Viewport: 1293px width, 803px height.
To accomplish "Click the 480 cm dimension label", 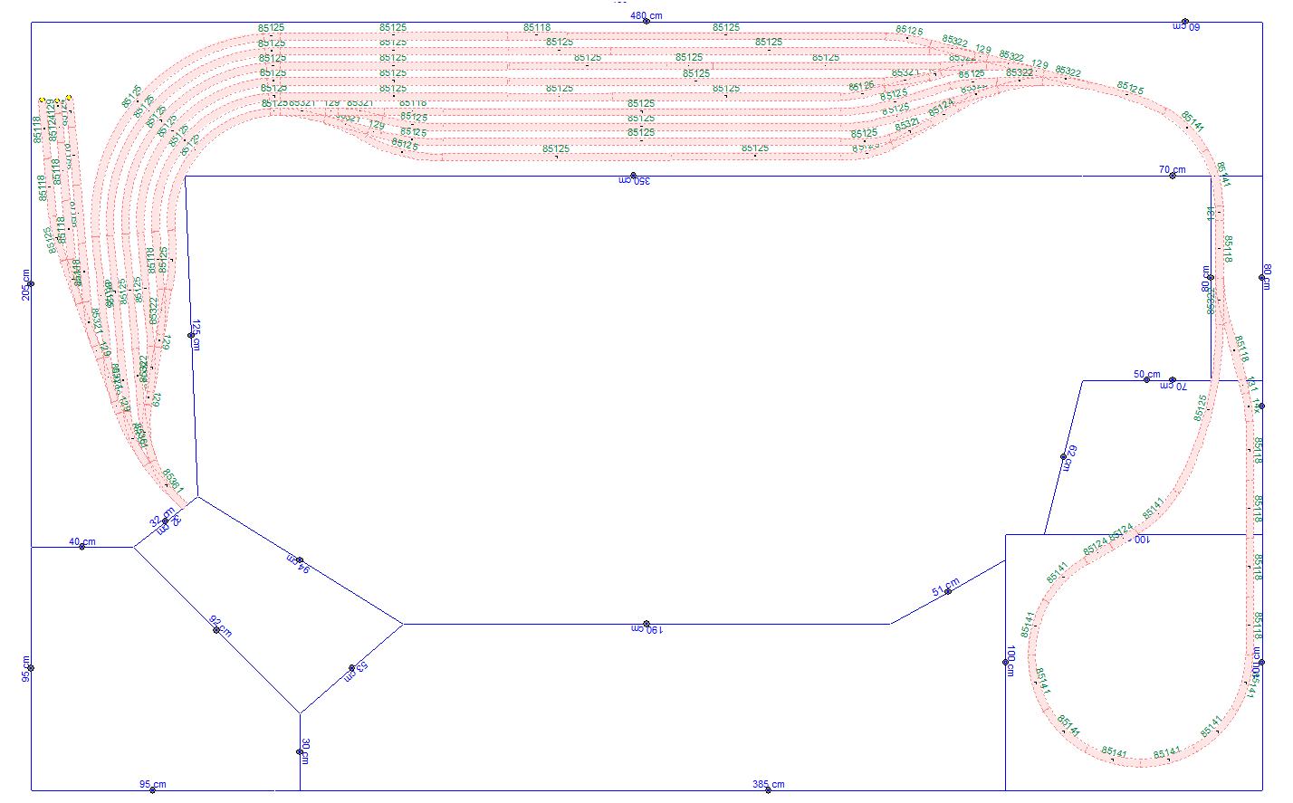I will click(646, 16).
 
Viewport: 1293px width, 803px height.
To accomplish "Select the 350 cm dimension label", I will click(634, 181).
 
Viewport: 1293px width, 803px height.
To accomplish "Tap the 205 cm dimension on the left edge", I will click(27, 284).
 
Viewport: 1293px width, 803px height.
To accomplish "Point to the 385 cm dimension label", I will click(768, 785).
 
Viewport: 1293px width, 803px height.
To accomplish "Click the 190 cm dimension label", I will click(646, 629).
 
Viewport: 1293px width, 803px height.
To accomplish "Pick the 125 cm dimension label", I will click(196, 334).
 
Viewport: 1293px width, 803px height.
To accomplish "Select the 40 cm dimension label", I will click(81, 542).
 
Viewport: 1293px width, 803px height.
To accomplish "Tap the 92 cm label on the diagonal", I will click(220, 626).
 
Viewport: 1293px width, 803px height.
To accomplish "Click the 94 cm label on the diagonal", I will click(299, 563).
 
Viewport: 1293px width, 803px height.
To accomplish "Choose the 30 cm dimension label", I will click(305, 750).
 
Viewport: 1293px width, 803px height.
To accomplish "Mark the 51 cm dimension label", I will click(945, 588).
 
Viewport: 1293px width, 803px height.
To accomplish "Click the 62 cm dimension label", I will click(1068, 457).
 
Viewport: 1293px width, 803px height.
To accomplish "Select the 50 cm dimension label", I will click(1146, 374).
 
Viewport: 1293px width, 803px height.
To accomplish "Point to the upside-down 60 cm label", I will click(1185, 26).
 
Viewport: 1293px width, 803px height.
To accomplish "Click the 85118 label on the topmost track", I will click(537, 28).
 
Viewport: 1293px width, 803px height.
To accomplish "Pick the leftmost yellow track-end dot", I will click(42, 99).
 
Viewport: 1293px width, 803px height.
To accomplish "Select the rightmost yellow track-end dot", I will click(69, 97).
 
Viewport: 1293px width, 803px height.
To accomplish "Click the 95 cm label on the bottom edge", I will click(152, 785).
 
